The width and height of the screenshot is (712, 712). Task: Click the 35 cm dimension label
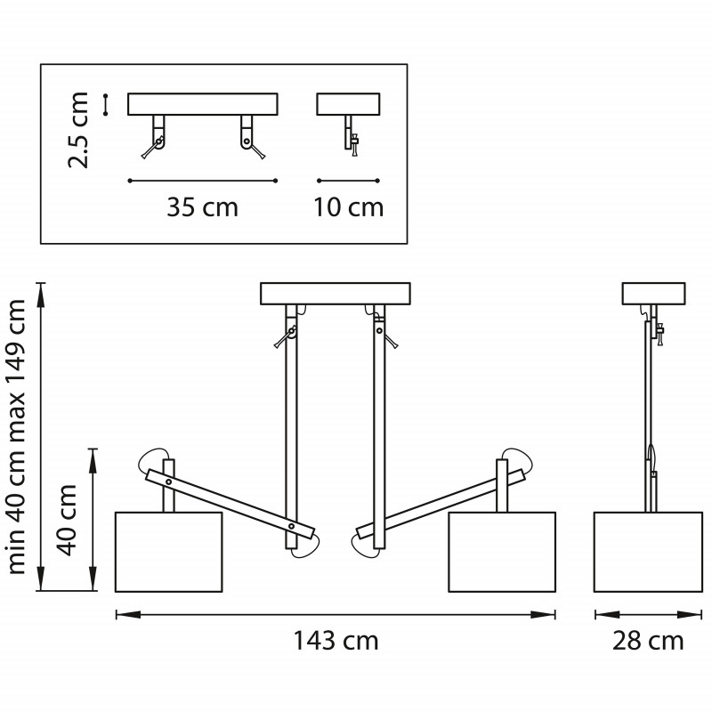pos(203,207)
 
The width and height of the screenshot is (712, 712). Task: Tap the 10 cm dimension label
pos(349,207)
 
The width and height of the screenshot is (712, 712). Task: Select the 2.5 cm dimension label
pos(78,130)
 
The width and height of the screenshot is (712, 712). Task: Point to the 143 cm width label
pos(336,641)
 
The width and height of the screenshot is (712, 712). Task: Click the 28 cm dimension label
pos(648,641)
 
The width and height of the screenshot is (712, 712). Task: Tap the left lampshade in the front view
pos(168,552)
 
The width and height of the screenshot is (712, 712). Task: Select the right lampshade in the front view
pos(502,552)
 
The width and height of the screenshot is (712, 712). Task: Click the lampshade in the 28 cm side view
pos(648,552)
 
